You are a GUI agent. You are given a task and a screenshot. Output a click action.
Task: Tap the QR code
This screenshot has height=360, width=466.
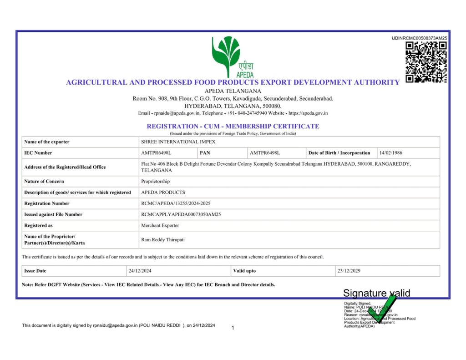coord(426,62)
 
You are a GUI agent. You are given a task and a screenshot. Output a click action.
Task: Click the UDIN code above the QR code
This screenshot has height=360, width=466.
coord(419,38)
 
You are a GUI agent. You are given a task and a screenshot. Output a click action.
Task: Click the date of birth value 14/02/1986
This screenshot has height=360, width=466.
coord(390,153)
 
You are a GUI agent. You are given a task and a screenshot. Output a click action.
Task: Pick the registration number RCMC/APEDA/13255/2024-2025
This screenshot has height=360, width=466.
coord(176,203)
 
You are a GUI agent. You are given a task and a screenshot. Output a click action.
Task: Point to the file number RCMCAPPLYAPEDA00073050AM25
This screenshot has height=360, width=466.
coord(181,214)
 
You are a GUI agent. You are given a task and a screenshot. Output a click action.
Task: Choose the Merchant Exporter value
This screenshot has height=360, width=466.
coord(160,225)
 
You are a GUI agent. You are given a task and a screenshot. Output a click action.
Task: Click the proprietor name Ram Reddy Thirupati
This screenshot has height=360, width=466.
coord(163,239)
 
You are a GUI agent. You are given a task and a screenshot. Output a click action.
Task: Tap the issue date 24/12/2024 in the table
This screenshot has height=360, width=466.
coord(140,271)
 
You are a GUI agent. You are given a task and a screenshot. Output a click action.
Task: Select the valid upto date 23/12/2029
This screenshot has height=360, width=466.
coord(349,271)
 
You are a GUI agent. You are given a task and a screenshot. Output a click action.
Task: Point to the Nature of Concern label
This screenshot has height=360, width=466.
coord(44,181)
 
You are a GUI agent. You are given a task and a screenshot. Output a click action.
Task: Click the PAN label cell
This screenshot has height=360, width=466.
coord(205,153)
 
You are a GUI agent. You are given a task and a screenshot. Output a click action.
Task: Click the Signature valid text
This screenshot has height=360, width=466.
coord(376,293)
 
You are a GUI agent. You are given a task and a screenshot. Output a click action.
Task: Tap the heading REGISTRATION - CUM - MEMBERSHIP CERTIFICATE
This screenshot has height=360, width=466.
coord(233,126)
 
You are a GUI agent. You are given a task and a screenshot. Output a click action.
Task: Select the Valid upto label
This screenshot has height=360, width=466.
coord(244,271)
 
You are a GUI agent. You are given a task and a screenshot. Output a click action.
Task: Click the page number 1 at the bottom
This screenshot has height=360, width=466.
coord(233,328)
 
